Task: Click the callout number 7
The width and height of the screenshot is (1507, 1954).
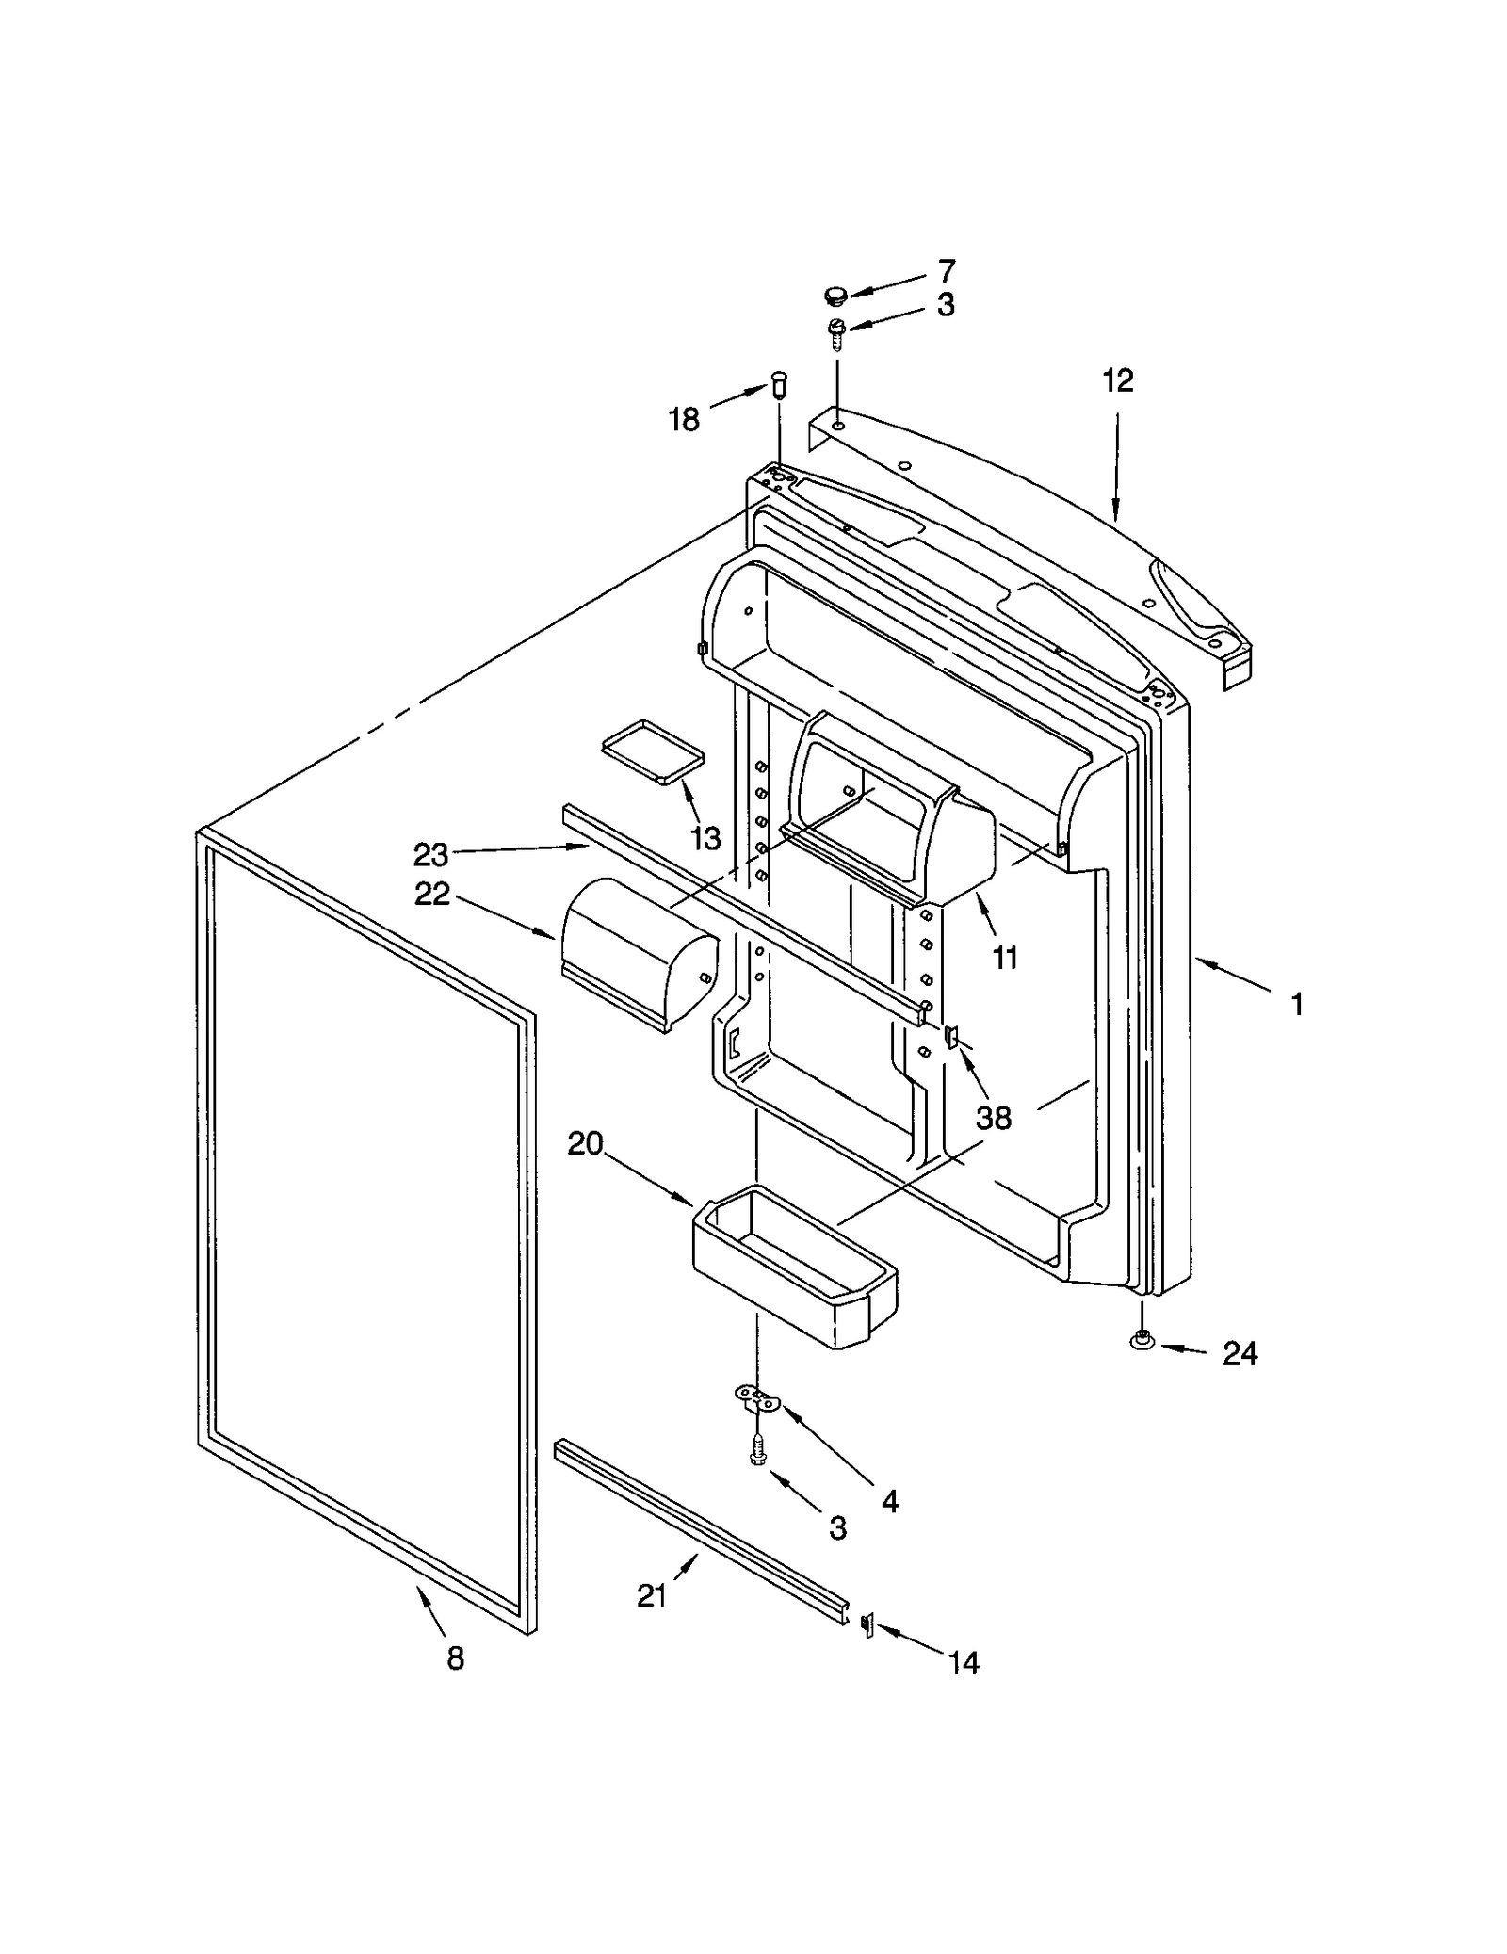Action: point(947,271)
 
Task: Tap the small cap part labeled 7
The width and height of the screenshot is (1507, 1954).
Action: point(834,297)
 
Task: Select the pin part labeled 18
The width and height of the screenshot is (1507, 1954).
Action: point(778,384)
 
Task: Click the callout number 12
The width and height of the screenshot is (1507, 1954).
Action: point(1118,380)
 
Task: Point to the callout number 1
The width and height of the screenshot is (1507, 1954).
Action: point(1297,1005)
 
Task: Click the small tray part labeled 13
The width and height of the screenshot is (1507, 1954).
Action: point(653,751)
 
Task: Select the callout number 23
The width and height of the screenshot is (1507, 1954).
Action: point(430,855)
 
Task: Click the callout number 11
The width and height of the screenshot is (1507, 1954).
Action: point(1005,958)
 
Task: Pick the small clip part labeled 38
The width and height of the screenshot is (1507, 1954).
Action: point(950,1038)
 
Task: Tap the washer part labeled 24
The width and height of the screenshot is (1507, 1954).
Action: point(1142,1340)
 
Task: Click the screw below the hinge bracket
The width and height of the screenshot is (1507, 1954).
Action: point(756,1450)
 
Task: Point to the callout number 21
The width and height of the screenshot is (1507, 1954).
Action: point(652,1595)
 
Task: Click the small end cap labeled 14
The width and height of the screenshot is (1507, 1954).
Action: point(867,1624)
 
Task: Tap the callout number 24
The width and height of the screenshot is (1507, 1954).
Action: point(1240,1353)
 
